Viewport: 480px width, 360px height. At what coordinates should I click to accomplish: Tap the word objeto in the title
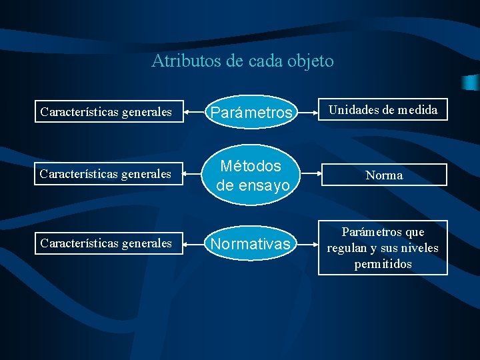(x=311, y=61)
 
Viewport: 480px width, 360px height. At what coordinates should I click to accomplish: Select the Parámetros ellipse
(x=250, y=112)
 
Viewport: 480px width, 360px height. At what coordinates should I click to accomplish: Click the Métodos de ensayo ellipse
(x=250, y=175)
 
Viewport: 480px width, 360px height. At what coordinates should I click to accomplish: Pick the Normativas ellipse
(x=250, y=245)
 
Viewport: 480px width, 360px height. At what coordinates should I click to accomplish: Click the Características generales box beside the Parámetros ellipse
(x=106, y=111)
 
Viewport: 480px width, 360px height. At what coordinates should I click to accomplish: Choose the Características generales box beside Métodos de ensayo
(x=106, y=175)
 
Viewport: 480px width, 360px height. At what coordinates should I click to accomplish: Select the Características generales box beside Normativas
(x=106, y=243)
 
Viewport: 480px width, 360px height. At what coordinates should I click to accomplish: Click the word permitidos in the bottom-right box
(x=383, y=264)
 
